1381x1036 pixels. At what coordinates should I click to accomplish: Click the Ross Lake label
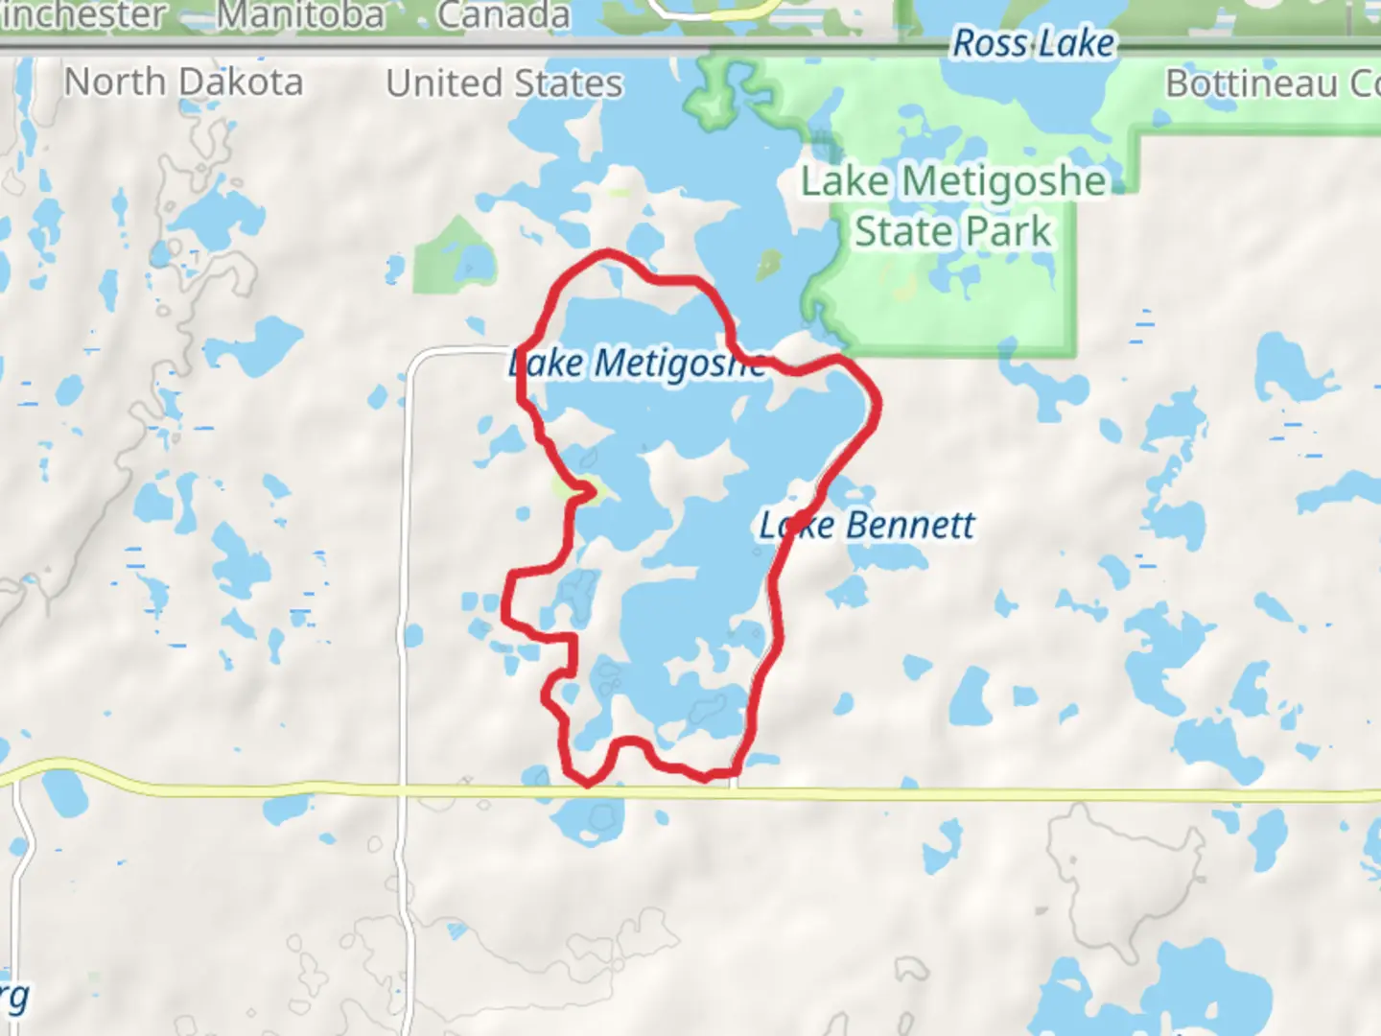click(1033, 43)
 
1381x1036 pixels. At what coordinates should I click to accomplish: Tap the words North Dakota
click(183, 82)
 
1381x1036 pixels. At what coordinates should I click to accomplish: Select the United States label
click(504, 83)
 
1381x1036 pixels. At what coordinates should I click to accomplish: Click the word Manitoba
click(300, 15)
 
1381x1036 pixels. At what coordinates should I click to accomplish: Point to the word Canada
click(503, 15)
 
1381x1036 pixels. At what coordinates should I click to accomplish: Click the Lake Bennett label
click(866, 526)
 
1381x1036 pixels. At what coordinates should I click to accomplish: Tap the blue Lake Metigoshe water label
click(638, 364)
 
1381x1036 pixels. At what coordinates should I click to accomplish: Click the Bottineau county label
click(1272, 83)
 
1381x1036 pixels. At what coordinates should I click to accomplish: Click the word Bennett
click(910, 526)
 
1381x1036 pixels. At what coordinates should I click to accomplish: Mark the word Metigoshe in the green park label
click(1004, 181)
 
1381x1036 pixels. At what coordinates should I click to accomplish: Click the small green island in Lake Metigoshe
click(767, 266)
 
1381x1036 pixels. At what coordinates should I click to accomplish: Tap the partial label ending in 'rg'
click(13, 998)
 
